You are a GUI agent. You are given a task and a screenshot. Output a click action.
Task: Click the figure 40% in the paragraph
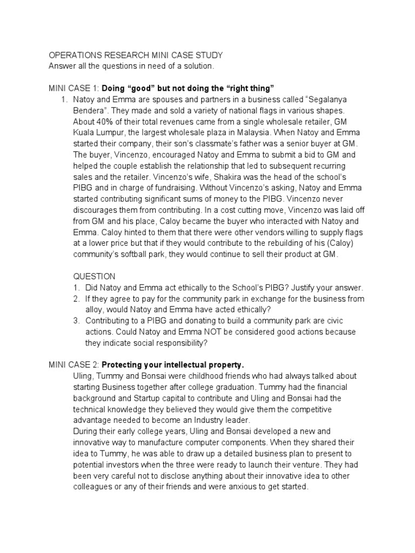(108, 121)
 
